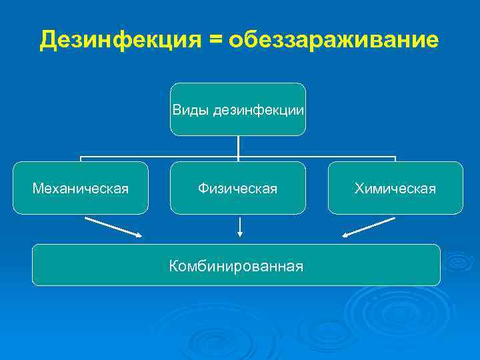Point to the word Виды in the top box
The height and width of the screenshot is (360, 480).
coord(191,109)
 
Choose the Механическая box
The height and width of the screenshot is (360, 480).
coord(81,188)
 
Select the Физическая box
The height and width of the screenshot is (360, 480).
coord(237,188)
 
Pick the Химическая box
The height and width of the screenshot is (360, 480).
coord(395,188)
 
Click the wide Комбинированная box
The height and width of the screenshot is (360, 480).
coord(236,265)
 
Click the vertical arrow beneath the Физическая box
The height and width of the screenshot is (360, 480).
coord(239,227)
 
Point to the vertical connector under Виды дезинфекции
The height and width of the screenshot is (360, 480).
coord(238,147)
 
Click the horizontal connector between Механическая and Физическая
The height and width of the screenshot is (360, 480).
coord(160,158)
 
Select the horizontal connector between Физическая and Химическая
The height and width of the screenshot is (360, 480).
coord(317,158)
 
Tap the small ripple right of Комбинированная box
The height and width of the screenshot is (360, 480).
coord(459,263)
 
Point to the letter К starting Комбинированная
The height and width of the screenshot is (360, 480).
coord(173,267)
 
